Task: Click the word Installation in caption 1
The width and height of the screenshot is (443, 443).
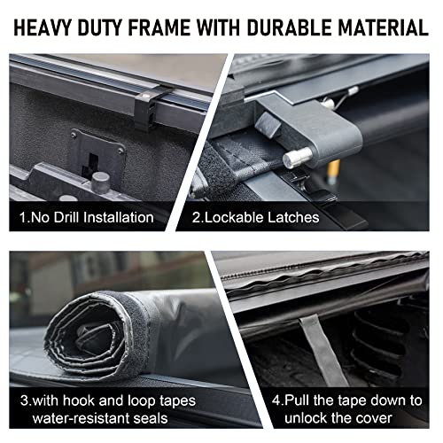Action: pos(114,216)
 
